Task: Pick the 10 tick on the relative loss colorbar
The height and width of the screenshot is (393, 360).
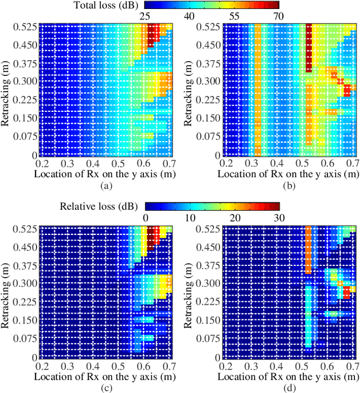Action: coord(188,218)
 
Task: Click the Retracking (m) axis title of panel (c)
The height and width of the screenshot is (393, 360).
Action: coord(6,292)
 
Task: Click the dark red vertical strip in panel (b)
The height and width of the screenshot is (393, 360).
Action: coord(308,48)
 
